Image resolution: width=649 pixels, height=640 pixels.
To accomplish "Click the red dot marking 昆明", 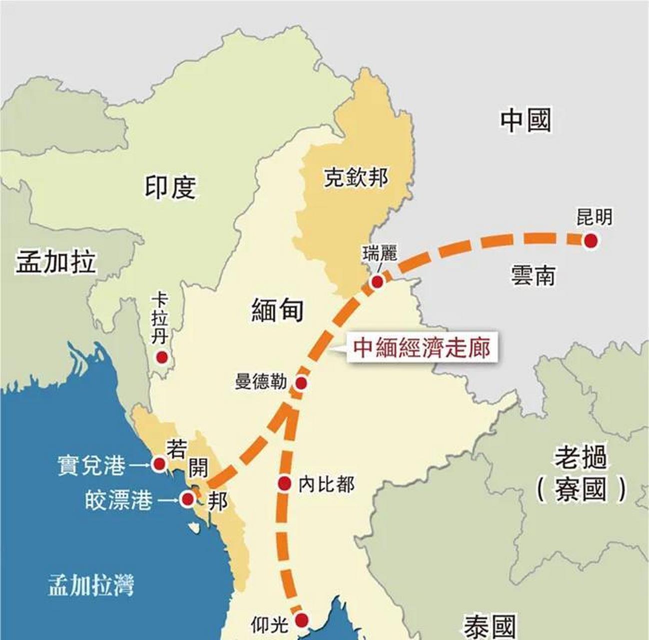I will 591,241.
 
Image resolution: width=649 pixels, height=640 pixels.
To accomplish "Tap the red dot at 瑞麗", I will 377,282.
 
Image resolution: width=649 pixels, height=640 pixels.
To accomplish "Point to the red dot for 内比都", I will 284,483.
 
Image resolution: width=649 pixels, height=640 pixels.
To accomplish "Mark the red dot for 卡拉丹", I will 162,357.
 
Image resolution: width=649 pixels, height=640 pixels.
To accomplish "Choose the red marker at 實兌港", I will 159,464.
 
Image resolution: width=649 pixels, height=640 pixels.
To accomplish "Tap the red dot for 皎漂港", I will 188,498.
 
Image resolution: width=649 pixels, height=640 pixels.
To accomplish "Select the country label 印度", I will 170,187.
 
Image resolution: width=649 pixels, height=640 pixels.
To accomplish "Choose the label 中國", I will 526,120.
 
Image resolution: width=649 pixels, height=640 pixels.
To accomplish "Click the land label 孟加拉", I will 56,262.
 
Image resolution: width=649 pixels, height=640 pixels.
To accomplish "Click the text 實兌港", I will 91,465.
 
